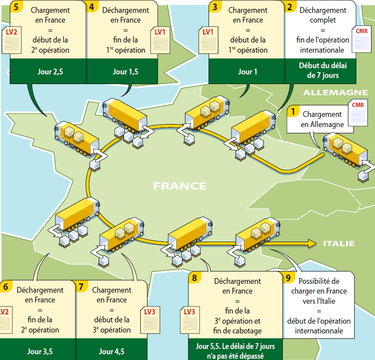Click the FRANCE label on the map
180,186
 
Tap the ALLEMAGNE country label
335,93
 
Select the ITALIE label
339,243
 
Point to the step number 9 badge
289,278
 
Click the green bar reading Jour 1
247,71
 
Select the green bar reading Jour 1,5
126,71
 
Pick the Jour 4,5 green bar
112,352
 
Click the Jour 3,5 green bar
40,352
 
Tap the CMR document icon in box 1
358,112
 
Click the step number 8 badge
194,278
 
